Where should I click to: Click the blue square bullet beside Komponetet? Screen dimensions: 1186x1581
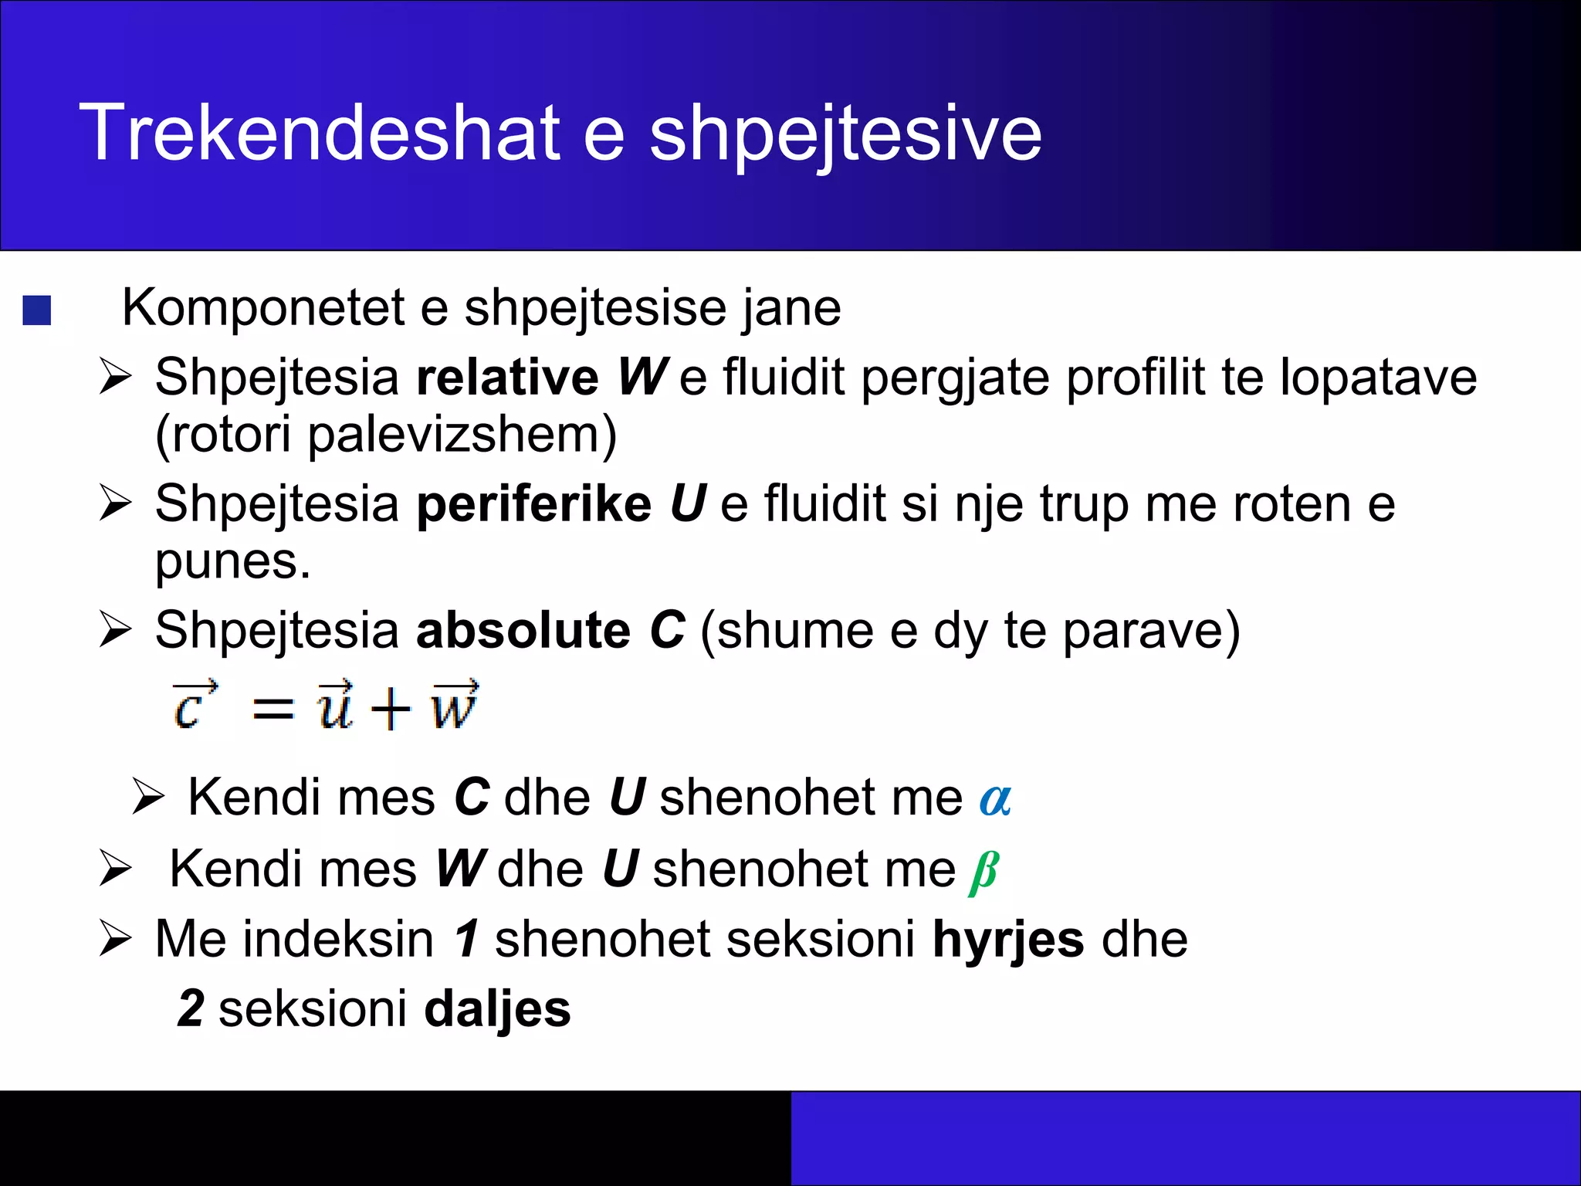[x=37, y=310]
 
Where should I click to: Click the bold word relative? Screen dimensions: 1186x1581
[x=506, y=378]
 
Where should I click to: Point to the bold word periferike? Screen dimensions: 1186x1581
[x=533, y=504]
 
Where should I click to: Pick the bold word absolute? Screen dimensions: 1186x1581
[x=523, y=630]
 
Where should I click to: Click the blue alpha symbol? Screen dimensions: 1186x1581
[x=994, y=799]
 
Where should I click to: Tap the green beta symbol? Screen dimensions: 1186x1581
[x=983, y=872]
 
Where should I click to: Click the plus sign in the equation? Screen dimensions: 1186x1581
[x=390, y=709]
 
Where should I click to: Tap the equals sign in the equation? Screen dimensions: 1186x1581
[x=273, y=709]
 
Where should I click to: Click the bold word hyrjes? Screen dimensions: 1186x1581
[x=1007, y=941]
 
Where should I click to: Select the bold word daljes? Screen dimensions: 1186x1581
[x=497, y=1009]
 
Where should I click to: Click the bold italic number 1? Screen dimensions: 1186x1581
[x=467, y=940]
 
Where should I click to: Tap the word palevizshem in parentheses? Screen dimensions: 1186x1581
[x=452, y=435]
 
